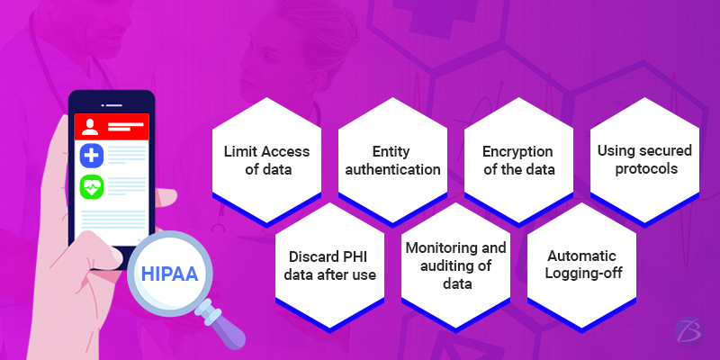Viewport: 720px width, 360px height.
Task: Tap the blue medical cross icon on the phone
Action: coord(92,154)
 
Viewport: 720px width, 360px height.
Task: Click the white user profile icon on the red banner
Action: coord(92,123)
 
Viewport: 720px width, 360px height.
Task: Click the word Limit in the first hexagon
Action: coord(239,152)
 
